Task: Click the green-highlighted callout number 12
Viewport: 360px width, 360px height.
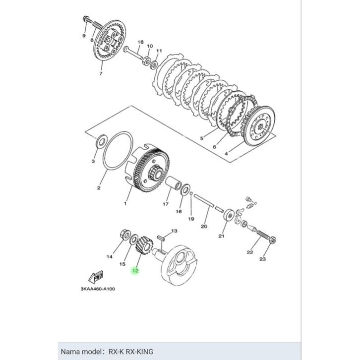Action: (x=135, y=271)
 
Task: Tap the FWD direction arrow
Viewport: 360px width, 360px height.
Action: (x=96, y=277)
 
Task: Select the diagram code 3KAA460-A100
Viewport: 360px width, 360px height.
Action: (x=98, y=289)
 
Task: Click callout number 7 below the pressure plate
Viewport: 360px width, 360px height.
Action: (x=101, y=74)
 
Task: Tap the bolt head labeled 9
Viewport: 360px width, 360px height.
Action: (x=87, y=19)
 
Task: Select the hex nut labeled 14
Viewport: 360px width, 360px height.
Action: (x=125, y=235)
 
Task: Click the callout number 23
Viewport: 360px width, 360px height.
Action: (x=262, y=259)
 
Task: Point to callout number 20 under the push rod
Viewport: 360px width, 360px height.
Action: (x=204, y=227)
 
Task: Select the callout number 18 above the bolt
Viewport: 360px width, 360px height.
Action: (x=140, y=42)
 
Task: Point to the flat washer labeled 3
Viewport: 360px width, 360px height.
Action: (x=101, y=141)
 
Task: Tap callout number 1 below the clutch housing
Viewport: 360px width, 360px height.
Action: (x=125, y=203)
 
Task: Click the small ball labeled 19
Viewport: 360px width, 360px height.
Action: (x=191, y=193)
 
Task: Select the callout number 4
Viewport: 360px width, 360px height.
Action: (x=226, y=154)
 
